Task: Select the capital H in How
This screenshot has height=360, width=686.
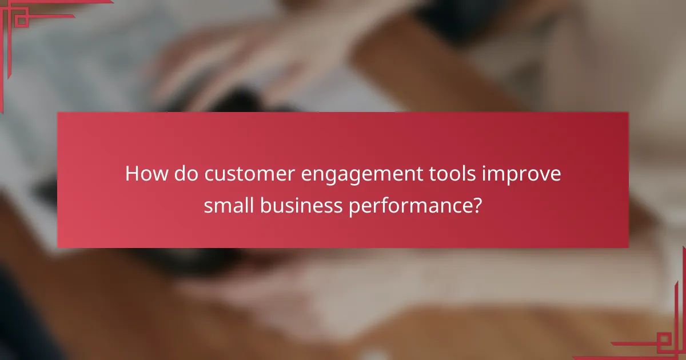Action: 132,174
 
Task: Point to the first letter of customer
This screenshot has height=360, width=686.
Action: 208,175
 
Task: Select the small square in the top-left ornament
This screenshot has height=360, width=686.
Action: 21,21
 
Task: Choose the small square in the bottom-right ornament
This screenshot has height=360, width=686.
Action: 664,342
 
